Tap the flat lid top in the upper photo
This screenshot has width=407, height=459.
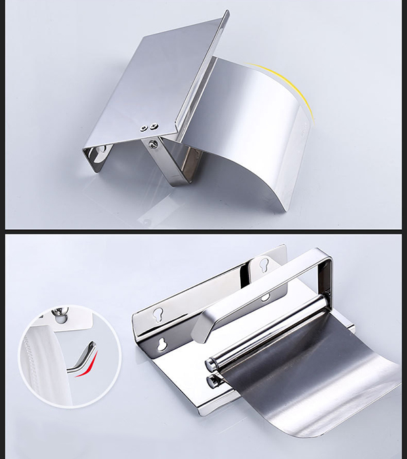(156, 75)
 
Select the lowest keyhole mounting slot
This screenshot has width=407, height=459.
(162, 344)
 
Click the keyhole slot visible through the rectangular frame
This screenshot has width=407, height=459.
(265, 297)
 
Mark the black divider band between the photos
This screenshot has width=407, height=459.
(203, 232)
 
